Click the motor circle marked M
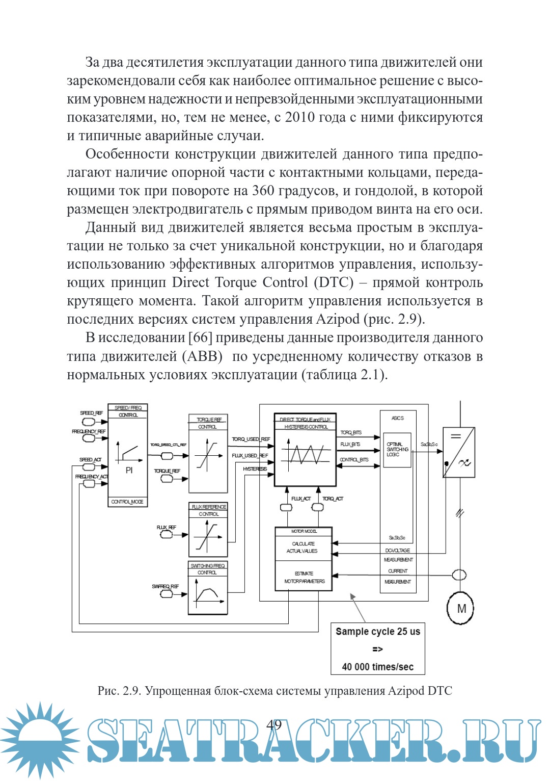coord(460,608)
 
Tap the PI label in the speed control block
coord(129,470)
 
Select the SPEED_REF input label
coord(91,413)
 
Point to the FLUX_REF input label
coord(167,527)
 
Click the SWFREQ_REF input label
coord(166,586)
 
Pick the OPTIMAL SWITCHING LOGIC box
coord(397,450)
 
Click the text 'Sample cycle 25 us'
coord(378,631)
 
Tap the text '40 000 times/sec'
coord(378,667)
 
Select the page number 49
coord(274,724)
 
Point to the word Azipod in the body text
coord(338,319)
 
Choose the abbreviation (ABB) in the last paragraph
coord(202,356)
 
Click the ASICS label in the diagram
coord(398,418)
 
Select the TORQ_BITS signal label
coord(351,432)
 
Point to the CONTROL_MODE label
coord(127,502)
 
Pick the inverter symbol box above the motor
coord(459,452)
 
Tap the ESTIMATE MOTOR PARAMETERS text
coord(304,577)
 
